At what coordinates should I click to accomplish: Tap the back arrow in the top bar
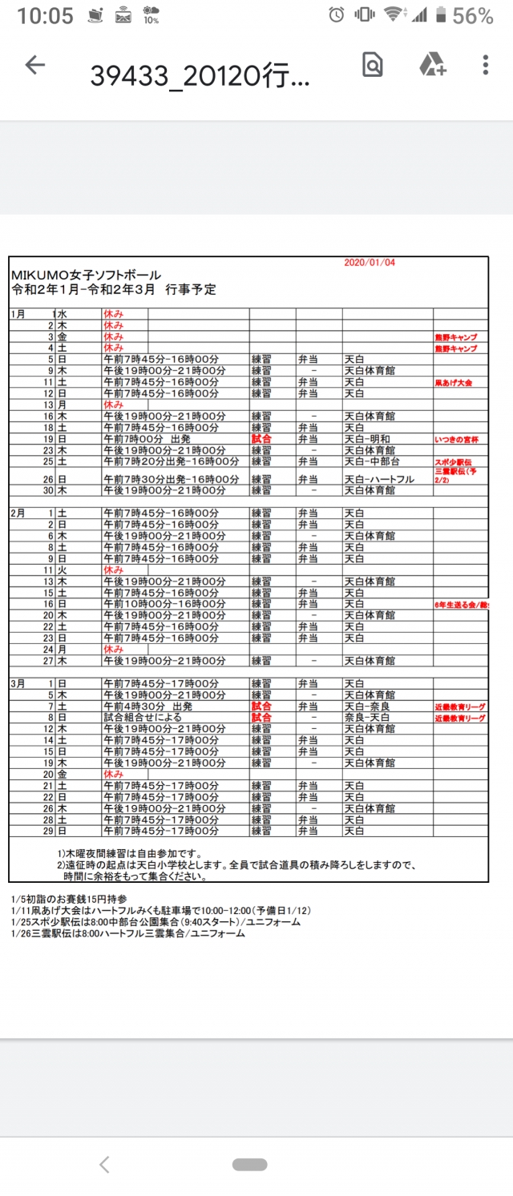pyautogui.click(x=35, y=66)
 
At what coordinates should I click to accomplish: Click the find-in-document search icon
pyautogui.click(x=373, y=66)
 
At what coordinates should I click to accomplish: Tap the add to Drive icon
pyautogui.click(x=432, y=66)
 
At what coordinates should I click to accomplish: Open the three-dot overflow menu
pyautogui.click(x=486, y=66)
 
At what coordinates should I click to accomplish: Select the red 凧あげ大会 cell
pyautogui.click(x=454, y=383)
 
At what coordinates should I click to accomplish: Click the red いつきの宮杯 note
pyautogui.click(x=457, y=440)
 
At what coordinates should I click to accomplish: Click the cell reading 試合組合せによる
pyautogui.click(x=145, y=718)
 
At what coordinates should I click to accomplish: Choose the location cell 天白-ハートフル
pyautogui.click(x=379, y=479)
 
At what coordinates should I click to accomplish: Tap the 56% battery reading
pyautogui.click(x=473, y=15)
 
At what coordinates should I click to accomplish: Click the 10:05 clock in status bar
pyautogui.click(x=44, y=15)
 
